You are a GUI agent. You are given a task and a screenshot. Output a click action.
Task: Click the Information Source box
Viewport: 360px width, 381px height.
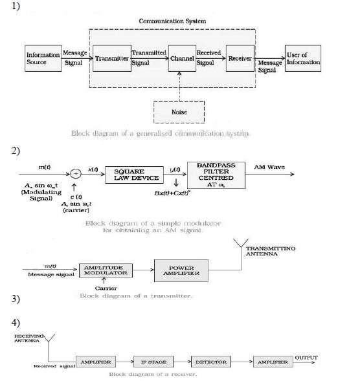tap(43, 59)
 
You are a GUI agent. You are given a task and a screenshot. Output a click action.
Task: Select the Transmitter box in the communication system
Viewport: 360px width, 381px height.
tap(111, 58)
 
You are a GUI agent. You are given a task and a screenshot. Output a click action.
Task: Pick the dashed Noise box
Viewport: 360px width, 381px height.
tap(179, 112)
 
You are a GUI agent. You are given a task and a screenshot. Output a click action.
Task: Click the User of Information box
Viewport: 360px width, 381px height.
tap(304, 59)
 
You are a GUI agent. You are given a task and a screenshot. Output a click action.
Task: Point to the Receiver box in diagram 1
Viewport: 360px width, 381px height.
tap(240, 58)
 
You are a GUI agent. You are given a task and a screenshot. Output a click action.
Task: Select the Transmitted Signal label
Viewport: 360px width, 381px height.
tap(148, 58)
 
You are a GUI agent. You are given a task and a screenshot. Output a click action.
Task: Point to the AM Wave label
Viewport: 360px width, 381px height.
tap(265, 168)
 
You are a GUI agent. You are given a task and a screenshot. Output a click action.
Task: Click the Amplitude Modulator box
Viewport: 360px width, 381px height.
tap(106, 270)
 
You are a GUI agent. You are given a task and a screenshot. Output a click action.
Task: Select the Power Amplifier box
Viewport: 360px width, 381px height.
tap(181, 270)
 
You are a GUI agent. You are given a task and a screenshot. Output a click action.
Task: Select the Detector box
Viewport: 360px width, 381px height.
tap(211, 362)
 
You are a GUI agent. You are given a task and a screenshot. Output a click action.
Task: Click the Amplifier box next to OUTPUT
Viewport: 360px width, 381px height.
tap(273, 362)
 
